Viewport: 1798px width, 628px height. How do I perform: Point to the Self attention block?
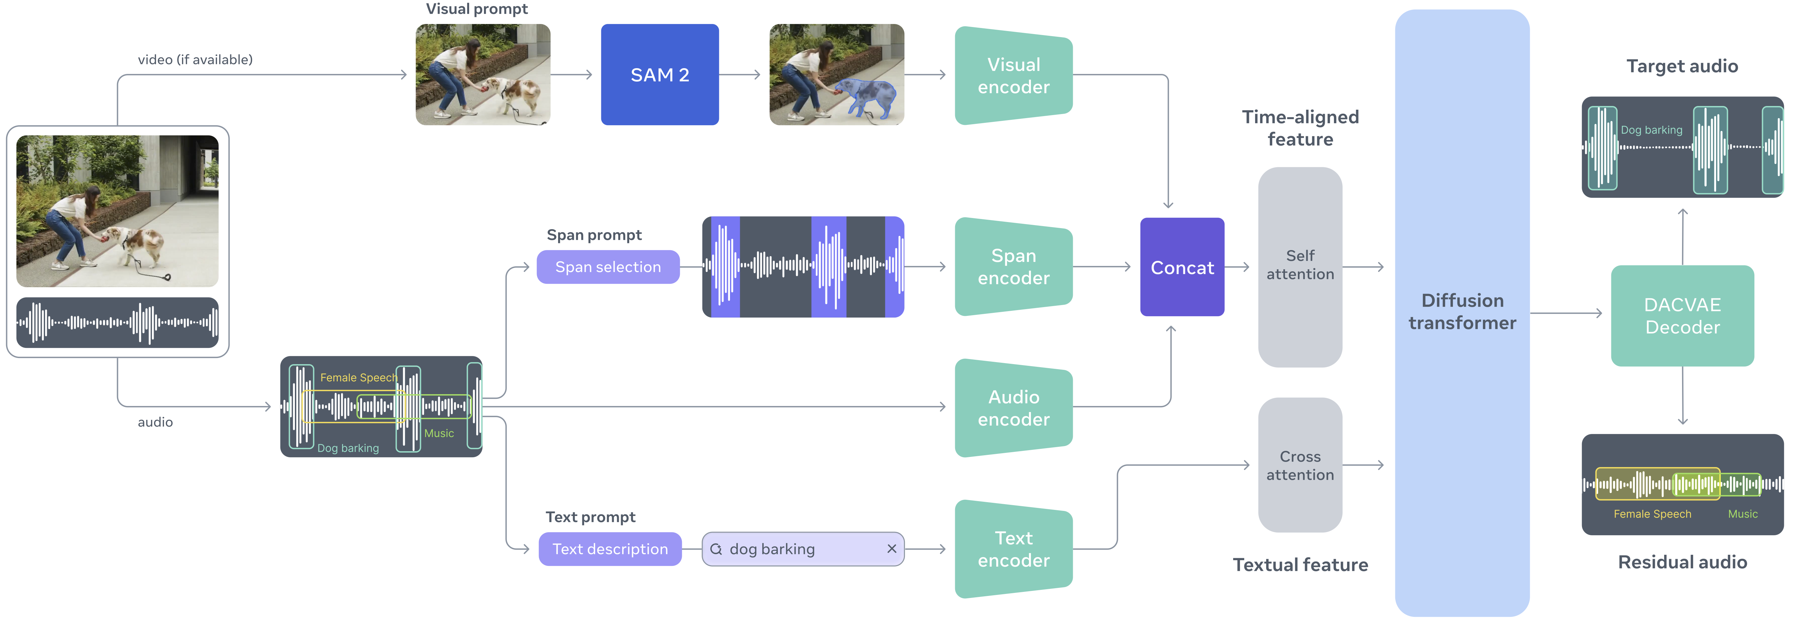(x=1300, y=266)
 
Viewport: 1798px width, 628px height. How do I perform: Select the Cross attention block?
(x=1300, y=465)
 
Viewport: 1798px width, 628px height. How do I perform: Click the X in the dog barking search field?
(x=891, y=549)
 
